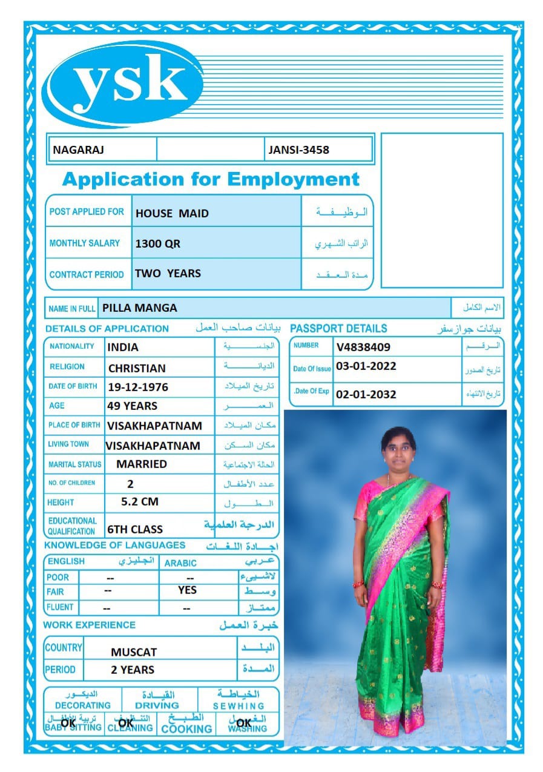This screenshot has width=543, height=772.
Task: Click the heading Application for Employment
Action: coord(211,179)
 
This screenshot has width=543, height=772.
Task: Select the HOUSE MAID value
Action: coord(172,213)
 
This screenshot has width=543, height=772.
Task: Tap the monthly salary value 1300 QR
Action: coord(157,244)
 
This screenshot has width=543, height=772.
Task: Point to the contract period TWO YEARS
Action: coord(168,274)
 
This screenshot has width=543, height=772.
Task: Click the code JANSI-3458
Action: coord(299,150)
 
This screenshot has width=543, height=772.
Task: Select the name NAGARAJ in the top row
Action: coord(79,150)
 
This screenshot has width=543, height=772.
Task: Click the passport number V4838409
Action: coord(363,347)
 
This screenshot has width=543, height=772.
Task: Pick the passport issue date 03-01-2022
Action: coord(366,366)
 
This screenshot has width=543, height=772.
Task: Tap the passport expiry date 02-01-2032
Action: coord(366,394)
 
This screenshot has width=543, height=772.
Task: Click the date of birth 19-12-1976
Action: coord(137,387)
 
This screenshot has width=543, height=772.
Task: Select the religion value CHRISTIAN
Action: coord(137,368)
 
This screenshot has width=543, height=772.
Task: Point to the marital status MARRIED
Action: coord(142,464)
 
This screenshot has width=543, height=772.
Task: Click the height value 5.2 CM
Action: coord(140,501)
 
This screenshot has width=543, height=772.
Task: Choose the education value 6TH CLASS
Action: coord(135,529)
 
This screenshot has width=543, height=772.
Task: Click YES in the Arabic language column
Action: coord(188,590)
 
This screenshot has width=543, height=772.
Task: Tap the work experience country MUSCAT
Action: coord(134,652)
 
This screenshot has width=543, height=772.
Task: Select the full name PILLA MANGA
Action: coord(140,308)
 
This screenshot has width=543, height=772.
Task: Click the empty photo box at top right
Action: coord(442,210)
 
